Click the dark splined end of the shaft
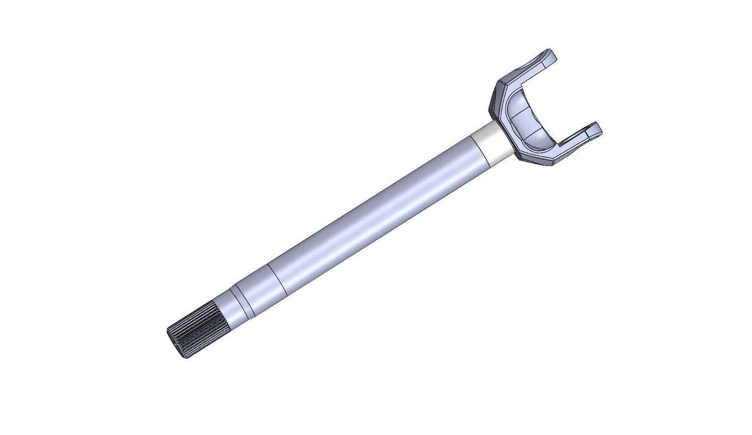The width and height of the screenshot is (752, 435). point(197,332)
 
